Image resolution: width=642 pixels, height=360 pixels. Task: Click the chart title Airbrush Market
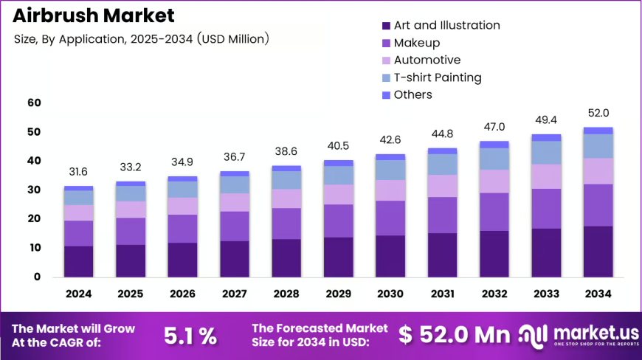pos(94,15)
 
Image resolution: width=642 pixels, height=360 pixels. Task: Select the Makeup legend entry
pos(411,43)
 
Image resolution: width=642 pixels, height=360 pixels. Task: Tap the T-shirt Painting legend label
pos(438,77)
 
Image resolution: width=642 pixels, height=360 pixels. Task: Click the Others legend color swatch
pos(386,95)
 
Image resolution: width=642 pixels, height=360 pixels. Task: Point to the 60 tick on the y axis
pos(35,103)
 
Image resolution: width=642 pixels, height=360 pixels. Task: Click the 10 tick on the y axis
pos(35,248)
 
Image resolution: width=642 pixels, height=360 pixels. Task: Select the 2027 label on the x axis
pos(234,294)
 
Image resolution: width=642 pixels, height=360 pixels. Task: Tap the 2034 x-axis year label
pos(598,294)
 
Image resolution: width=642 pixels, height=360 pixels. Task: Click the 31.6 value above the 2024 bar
pos(78,172)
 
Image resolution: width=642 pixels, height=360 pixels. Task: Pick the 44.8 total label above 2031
pos(442,134)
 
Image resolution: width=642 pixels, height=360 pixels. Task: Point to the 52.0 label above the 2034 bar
pos(598,113)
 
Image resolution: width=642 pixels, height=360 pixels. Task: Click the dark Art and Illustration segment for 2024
pos(79,261)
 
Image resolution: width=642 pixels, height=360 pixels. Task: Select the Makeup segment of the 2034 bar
pos(598,205)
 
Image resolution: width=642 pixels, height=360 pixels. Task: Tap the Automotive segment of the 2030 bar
pos(390,190)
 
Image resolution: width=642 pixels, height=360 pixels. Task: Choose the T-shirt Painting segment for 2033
pos(546,153)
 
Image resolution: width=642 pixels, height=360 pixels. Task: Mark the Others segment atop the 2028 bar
pos(286,168)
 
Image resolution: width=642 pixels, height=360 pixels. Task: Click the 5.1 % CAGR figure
pos(190,336)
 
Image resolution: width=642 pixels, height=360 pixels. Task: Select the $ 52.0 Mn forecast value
pos(454,335)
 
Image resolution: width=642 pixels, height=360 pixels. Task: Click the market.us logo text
pos(596,333)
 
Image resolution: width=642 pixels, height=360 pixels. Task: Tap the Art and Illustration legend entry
pos(441,25)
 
